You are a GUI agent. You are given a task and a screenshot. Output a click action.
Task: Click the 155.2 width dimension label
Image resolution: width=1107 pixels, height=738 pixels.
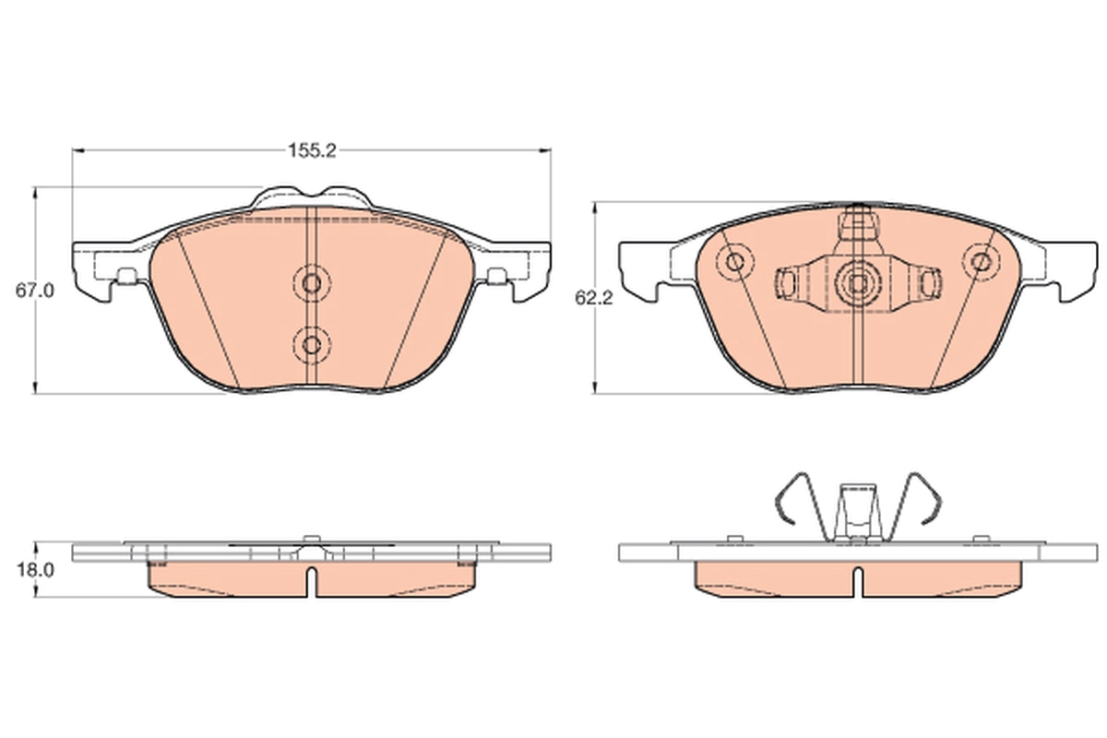[x=312, y=150]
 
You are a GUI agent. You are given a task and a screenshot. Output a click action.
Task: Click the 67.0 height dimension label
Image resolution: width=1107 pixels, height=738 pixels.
[x=35, y=291]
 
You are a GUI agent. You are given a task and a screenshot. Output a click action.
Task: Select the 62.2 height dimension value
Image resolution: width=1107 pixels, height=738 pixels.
[x=593, y=298]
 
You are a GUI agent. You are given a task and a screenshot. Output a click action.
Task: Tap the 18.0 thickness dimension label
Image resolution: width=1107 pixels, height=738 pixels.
[x=36, y=570]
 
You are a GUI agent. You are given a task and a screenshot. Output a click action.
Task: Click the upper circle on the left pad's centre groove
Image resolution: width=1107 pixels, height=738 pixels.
[x=312, y=283]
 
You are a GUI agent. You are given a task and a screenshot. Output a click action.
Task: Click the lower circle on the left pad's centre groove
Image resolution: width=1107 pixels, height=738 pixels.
[x=312, y=344]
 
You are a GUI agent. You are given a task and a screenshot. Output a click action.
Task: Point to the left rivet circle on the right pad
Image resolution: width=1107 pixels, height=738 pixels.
[x=735, y=261]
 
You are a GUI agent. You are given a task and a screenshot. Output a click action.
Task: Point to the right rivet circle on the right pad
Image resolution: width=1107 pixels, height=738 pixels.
[x=982, y=261]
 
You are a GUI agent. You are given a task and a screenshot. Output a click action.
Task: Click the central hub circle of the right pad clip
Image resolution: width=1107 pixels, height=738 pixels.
[x=858, y=283]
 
